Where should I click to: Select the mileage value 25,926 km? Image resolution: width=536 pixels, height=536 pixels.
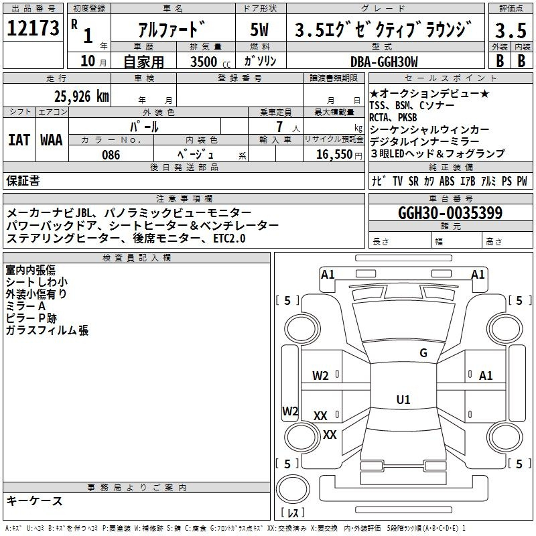pyautogui.click(x=81, y=96)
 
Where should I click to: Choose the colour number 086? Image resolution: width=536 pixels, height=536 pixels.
pyautogui.click(x=111, y=155)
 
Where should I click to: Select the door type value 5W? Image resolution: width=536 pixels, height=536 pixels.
pyautogui.click(x=260, y=30)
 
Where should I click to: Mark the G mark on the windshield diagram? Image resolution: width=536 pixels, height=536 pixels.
pyautogui.click(x=423, y=353)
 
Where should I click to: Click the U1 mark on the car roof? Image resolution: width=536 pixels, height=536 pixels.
pyautogui.click(x=403, y=400)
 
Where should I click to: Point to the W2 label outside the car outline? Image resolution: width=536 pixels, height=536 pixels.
pyautogui.click(x=290, y=411)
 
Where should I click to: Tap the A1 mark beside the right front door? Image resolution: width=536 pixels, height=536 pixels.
pyautogui.click(x=486, y=376)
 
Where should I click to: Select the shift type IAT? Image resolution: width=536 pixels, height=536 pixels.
pyautogui.click(x=19, y=141)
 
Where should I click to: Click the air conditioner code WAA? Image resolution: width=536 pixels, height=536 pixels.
pyautogui.click(x=52, y=141)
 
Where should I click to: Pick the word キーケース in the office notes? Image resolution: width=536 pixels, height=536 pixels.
pyautogui.click(x=34, y=500)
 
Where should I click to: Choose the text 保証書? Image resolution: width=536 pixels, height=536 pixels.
pyautogui.click(x=23, y=180)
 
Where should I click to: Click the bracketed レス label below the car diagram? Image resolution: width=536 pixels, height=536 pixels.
pyautogui.click(x=292, y=514)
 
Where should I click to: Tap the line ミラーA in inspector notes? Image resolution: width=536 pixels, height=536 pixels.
pyautogui.click(x=25, y=306)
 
